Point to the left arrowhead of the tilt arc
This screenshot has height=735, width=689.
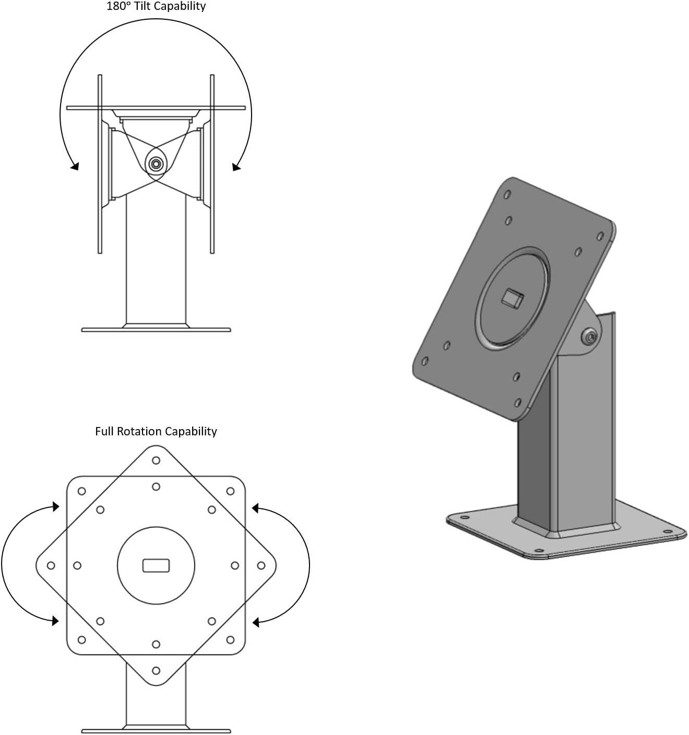coord(75,167)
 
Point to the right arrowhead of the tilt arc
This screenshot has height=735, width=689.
coord(236,167)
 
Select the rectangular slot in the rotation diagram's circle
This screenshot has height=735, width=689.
coord(156,565)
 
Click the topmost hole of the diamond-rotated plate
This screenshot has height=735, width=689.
coord(156,460)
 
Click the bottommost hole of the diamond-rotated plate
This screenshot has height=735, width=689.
coord(156,670)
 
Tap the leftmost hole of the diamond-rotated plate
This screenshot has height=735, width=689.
coord(51,565)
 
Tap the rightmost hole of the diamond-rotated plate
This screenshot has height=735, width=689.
coord(261,565)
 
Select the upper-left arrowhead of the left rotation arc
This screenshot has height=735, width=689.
coord(55,506)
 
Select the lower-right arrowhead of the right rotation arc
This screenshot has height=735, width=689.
coord(256,622)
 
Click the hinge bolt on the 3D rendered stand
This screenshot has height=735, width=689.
coord(590,337)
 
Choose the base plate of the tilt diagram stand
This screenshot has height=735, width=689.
coord(156,329)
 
